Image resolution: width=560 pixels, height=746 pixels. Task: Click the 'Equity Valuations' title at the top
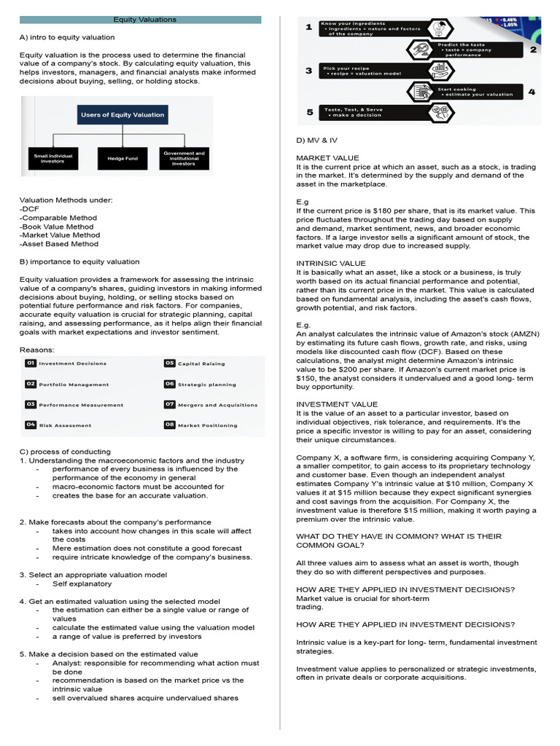(144, 20)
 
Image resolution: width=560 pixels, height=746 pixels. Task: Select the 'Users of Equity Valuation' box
(122, 114)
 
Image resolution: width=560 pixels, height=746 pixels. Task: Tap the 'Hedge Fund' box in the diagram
(122, 158)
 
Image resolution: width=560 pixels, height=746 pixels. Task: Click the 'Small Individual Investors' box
(49, 158)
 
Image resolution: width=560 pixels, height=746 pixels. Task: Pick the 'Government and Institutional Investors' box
(184, 158)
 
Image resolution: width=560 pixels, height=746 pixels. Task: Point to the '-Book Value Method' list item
(56, 227)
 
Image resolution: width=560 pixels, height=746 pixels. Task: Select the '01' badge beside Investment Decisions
(31, 363)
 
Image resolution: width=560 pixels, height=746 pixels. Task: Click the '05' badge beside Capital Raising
(169, 363)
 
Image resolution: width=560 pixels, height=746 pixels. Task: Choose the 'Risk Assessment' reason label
(65, 425)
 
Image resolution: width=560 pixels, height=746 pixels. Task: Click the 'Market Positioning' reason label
(207, 425)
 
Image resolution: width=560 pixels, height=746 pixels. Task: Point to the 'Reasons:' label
(36, 350)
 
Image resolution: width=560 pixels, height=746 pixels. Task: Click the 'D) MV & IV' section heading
(316, 139)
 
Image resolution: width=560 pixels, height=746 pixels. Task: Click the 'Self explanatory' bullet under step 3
(82, 584)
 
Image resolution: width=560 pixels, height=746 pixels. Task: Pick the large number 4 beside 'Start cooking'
(532, 92)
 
